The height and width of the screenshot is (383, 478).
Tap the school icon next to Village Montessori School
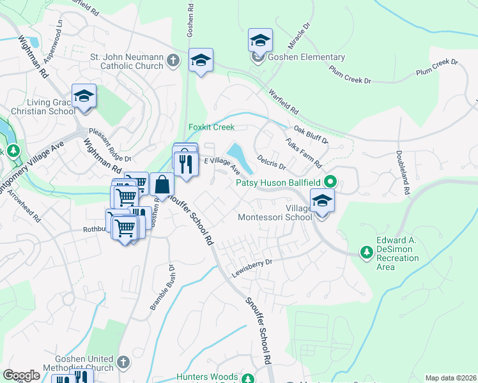pos(322,201)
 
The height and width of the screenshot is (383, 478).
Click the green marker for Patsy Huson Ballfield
pos(330,182)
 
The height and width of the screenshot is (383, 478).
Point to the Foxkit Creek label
pos(212,127)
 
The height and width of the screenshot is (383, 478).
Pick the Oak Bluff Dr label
pos(311,135)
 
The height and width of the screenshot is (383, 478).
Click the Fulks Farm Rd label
pos(304,153)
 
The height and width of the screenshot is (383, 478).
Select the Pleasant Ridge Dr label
pos(109,144)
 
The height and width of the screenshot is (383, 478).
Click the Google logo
pos(22,375)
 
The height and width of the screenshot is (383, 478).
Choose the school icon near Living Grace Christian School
pos(84,96)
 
